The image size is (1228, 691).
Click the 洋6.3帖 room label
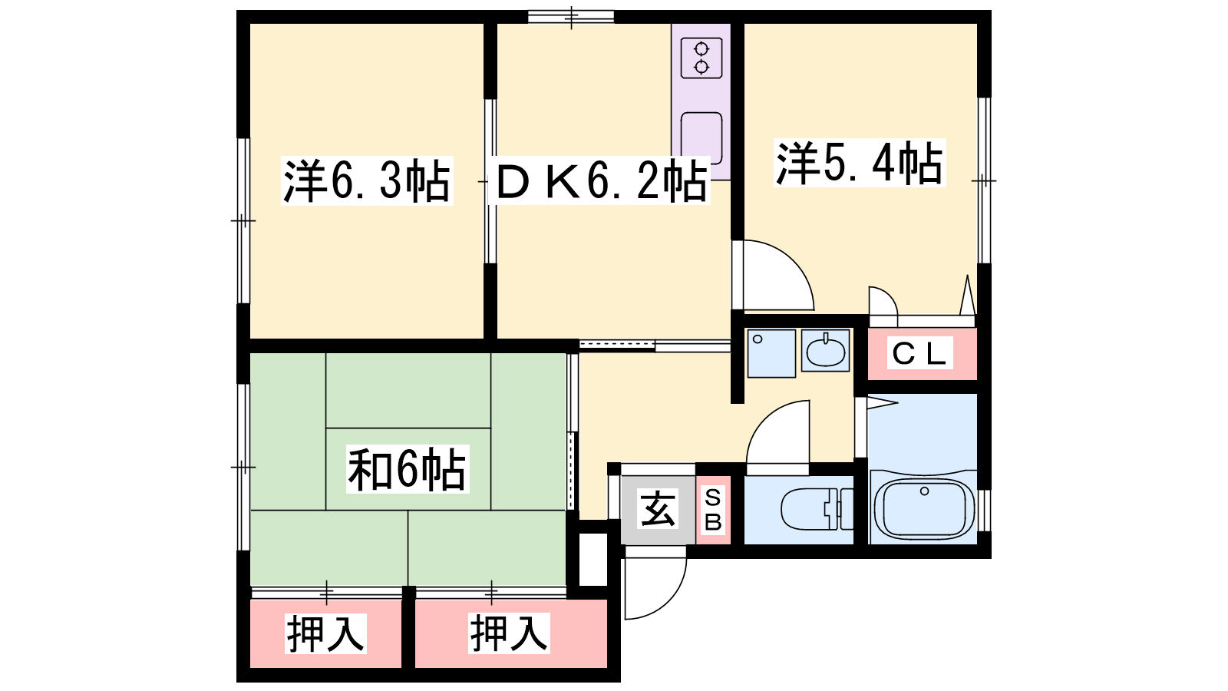click(x=367, y=180)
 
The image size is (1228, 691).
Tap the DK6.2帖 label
click(x=599, y=180)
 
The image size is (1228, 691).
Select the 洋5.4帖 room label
click(x=860, y=163)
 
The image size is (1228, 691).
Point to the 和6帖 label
click(x=408, y=469)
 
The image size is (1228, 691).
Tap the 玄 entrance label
click(x=658, y=509)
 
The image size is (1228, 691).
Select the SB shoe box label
click(x=713, y=510)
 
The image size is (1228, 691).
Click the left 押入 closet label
click(x=325, y=634)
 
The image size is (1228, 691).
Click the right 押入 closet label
click(x=510, y=634)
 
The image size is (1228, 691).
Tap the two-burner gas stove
click(x=701, y=58)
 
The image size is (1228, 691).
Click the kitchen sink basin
click(x=701, y=137)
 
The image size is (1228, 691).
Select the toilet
click(x=817, y=509)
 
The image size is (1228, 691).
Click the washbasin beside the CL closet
click(x=825, y=350)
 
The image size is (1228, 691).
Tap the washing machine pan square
click(x=771, y=353)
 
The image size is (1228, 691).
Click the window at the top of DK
click(x=571, y=17)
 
